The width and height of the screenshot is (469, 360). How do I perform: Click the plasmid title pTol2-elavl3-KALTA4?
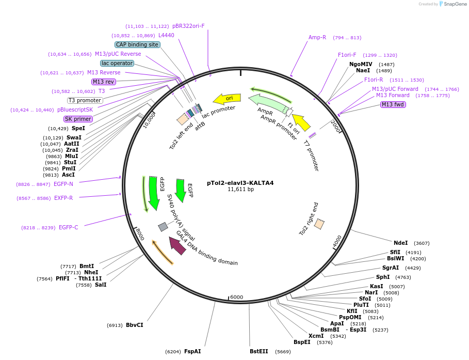[240, 182]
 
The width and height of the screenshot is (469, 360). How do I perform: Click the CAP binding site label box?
[137, 45]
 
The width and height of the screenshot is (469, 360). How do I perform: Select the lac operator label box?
[117, 63]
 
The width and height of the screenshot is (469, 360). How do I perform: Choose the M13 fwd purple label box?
[393, 105]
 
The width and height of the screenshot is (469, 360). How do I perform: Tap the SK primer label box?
[78, 119]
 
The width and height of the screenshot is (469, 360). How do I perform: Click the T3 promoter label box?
[85, 100]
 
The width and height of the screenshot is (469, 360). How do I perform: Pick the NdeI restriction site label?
[400, 243]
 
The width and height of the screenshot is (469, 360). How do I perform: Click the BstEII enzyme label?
[259, 351]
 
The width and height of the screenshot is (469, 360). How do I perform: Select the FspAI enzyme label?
[192, 351]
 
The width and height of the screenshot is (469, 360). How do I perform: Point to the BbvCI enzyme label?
[134, 325]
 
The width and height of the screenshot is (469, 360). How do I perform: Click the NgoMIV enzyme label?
[361, 64]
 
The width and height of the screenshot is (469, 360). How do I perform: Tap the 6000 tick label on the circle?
[236, 297]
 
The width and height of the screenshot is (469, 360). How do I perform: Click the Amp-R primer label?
[317, 37]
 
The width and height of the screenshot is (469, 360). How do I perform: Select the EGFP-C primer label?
[68, 227]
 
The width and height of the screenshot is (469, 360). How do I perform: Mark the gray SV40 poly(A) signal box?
[163, 227]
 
